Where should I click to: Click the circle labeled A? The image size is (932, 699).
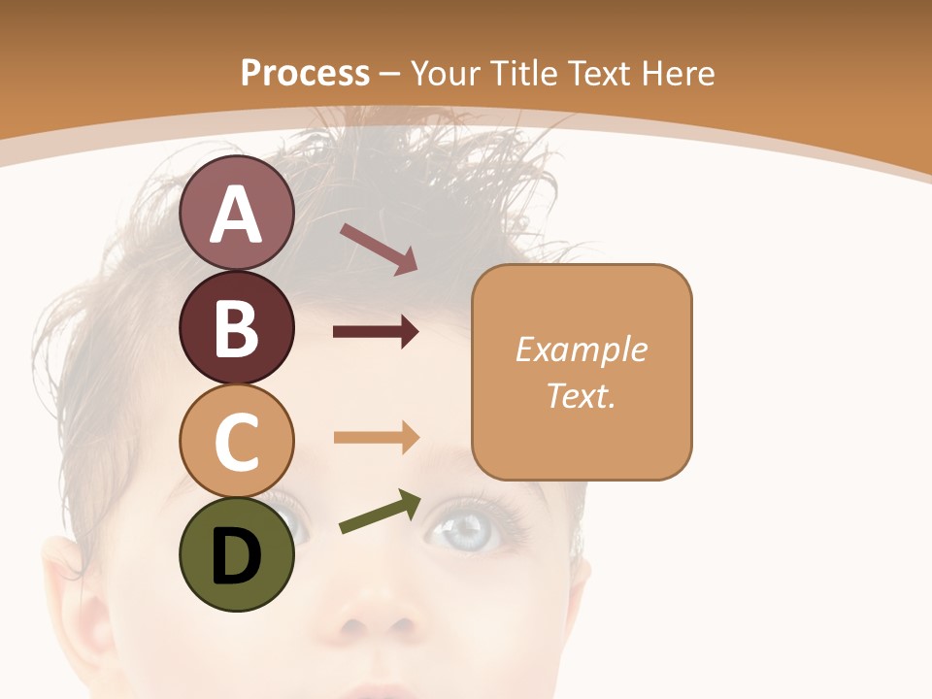pos(237,214)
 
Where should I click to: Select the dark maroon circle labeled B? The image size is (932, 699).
pos(237,327)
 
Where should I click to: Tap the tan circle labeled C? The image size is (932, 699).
pos(237,441)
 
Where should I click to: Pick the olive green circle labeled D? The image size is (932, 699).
pos(237,554)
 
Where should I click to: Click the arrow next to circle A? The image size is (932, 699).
pos(379,249)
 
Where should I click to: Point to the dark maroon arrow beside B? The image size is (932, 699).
pos(376,333)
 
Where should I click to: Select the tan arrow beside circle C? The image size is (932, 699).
pos(376,437)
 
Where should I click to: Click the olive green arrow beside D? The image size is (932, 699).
pos(380,512)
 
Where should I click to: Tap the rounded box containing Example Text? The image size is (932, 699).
pos(582,372)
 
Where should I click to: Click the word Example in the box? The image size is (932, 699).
pos(582,349)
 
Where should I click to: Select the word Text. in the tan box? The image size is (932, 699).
pos(582,395)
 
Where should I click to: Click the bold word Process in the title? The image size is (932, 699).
pos(305,73)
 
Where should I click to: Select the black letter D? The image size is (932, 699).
pos(237,556)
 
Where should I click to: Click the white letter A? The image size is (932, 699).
pos(237,215)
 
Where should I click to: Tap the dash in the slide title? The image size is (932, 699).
pos(390,74)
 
